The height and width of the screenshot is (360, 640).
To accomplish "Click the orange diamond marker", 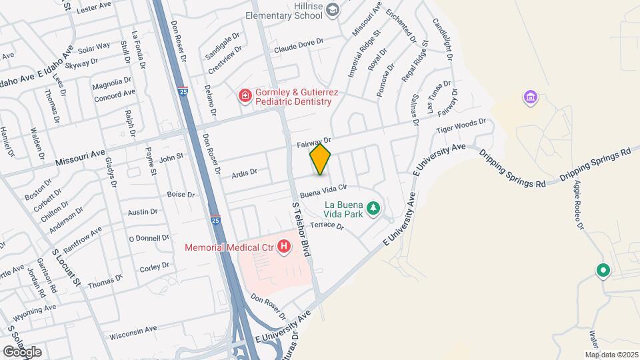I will tap(321, 159).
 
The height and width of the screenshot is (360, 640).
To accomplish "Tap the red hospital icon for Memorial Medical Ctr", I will tap(285, 247).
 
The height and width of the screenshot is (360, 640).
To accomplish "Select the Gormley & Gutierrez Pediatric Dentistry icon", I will tap(245, 96).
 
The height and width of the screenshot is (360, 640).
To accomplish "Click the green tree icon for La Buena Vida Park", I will tap(375, 209).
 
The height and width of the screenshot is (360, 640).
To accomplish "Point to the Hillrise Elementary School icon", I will tap(334, 10).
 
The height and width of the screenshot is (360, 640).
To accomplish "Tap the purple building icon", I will tap(531, 98).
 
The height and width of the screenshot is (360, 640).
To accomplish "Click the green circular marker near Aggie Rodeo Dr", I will tap(603, 271).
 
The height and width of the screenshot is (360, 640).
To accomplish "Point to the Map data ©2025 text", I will tap(611, 355).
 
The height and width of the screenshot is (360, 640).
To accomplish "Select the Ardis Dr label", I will tap(244, 173).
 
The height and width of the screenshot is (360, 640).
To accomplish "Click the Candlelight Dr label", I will tap(443, 37).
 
